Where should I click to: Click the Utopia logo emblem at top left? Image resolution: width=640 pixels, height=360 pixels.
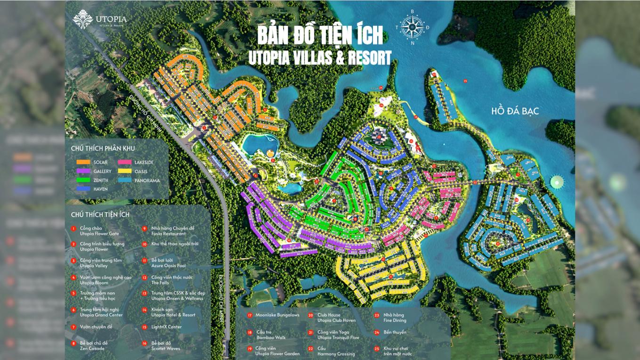click(82, 19)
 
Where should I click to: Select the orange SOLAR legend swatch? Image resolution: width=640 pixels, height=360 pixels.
click(83, 162)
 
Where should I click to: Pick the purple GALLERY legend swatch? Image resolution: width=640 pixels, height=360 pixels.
click(83, 171)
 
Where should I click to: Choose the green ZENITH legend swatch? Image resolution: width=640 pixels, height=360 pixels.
click(83, 180)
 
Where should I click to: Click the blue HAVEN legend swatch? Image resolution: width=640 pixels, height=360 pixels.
click(83, 189)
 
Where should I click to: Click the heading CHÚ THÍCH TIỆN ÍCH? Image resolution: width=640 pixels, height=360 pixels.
click(100, 214)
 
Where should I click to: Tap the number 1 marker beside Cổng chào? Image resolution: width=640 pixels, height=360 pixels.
click(73, 229)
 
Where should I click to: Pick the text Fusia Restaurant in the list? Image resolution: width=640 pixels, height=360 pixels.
click(169, 234)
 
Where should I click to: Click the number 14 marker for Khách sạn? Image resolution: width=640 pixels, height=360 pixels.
click(145, 310)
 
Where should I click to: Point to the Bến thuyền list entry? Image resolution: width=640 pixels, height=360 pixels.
click(395, 332)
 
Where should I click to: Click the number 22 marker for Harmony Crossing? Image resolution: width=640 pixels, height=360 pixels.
click(310, 349)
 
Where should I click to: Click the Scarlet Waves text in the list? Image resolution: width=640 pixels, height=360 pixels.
click(166, 349)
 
